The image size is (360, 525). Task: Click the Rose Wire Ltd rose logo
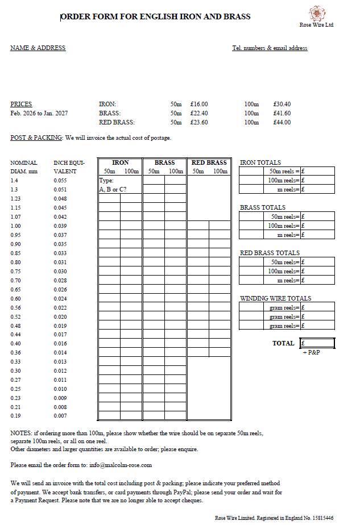[316, 13]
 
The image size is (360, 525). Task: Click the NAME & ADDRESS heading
[38, 48]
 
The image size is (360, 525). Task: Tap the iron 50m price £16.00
[199, 104]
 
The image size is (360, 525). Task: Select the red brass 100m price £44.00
[282, 122]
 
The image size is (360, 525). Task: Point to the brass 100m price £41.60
[282, 113]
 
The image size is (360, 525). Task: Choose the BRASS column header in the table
[164, 163]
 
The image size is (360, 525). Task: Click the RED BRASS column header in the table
[209, 163]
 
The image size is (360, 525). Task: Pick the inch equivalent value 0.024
[60, 298]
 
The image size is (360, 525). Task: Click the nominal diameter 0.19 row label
[15, 416]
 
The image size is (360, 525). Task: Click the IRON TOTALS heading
[260, 163]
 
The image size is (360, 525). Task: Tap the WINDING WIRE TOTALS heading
[276, 298]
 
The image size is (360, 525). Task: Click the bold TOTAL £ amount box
[317, 343]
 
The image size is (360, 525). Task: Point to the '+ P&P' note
[312, 353]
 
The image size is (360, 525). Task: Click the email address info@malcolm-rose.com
[121, 465]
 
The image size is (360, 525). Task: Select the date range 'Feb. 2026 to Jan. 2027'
[39, 114]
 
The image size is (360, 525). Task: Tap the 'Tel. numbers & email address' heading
[270, 48]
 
